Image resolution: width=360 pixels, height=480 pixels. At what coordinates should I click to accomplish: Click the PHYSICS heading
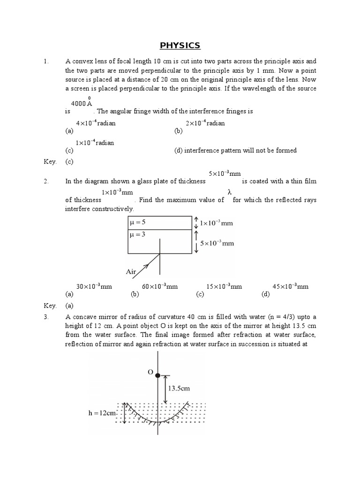[x=180, y=45]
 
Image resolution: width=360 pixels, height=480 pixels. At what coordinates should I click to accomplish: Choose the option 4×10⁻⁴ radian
[x=96, y=123]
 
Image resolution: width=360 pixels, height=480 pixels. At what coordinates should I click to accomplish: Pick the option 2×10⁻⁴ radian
[x=205, y=123]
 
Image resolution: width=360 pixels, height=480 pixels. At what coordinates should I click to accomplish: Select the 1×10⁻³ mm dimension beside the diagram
[x=216, y=224]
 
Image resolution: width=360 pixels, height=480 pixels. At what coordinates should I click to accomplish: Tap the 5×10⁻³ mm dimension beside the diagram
[x=216, y=243]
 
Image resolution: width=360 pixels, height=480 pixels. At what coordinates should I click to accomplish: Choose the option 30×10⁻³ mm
[x=94, y=286]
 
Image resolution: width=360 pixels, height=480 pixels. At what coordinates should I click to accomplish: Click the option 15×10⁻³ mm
[x=224, y=286]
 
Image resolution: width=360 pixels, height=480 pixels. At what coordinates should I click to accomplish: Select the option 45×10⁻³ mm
[x=291, y=286]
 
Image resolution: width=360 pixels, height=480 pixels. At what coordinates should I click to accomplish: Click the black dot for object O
[x=158, y=375]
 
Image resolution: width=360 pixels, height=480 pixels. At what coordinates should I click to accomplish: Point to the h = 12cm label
[x=102, y=413]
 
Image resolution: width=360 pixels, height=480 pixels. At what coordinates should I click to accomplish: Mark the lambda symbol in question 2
[x=230, y=192]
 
